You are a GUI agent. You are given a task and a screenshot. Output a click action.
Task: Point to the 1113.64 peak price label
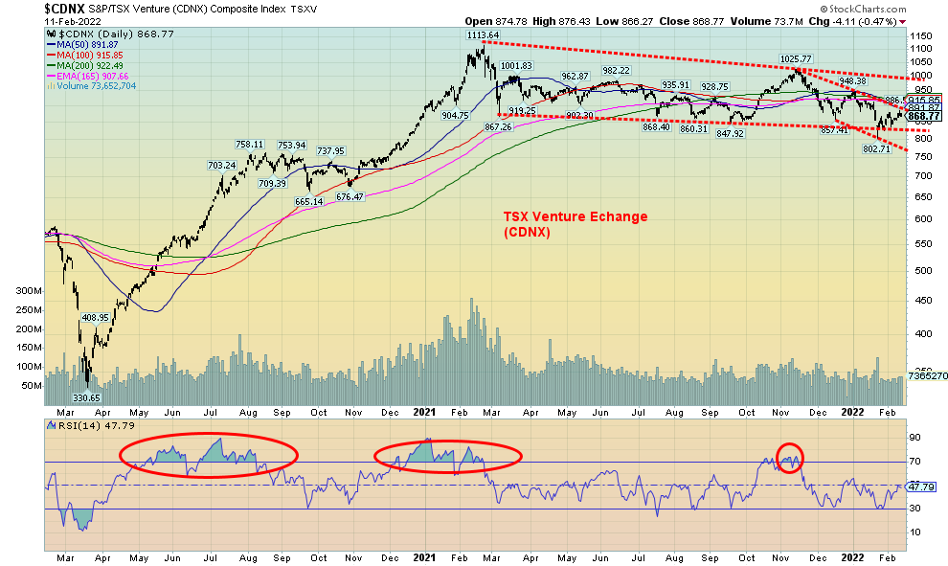[x=481, y=35]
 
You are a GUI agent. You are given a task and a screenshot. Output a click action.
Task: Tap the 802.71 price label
[x=876, y=149]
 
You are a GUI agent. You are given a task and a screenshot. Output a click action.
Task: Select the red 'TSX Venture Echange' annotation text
[x=575, y=217]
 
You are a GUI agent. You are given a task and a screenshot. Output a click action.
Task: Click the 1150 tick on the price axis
[x=919, y=34]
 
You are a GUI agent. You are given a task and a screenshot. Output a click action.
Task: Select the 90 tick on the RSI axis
[x=914, y=437]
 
